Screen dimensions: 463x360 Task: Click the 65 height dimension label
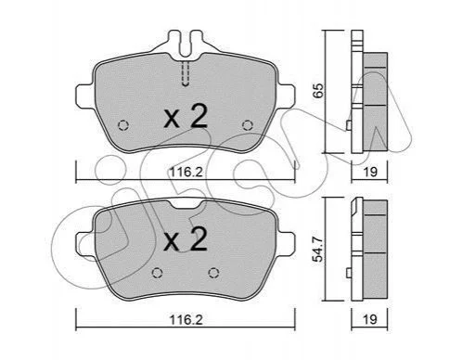pyautogui.click(x=318, y=90)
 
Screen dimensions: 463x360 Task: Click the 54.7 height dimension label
pyautogui.click(x=318, y=249)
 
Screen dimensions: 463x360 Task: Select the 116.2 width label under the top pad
pyautogui.click(x=186, y=172)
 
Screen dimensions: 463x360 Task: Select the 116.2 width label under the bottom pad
pyautogui.click(x=186, y=320)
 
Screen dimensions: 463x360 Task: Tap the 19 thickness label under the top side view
pyautogui.click(x=370, y=172)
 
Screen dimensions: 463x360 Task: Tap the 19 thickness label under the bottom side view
pyautogui.click(x=370, y=319)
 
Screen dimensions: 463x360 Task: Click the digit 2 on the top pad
pyautogui.click(x=199, y=116)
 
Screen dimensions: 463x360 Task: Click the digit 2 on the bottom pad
pyautogui.click(x=199, y=238)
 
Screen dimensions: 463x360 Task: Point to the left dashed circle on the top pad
pyautogui.click(x=123, y=125)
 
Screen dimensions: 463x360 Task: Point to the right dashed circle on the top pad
pyautogui.click(x=248, y=125)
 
